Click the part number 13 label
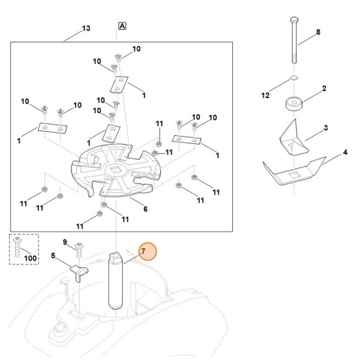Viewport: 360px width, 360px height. point(86,29)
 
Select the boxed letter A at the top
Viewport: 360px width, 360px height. point(122,26)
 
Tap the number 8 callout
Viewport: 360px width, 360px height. point(318,32)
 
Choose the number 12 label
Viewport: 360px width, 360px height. point(266,96)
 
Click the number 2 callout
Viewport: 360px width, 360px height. point(323,89)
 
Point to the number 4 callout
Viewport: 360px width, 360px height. point(346,152)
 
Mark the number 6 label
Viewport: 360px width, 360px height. point(145,209)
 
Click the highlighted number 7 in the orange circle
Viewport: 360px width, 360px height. point(143,251)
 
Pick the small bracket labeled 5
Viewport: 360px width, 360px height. point(78,271)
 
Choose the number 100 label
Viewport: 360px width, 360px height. point(30,258)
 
